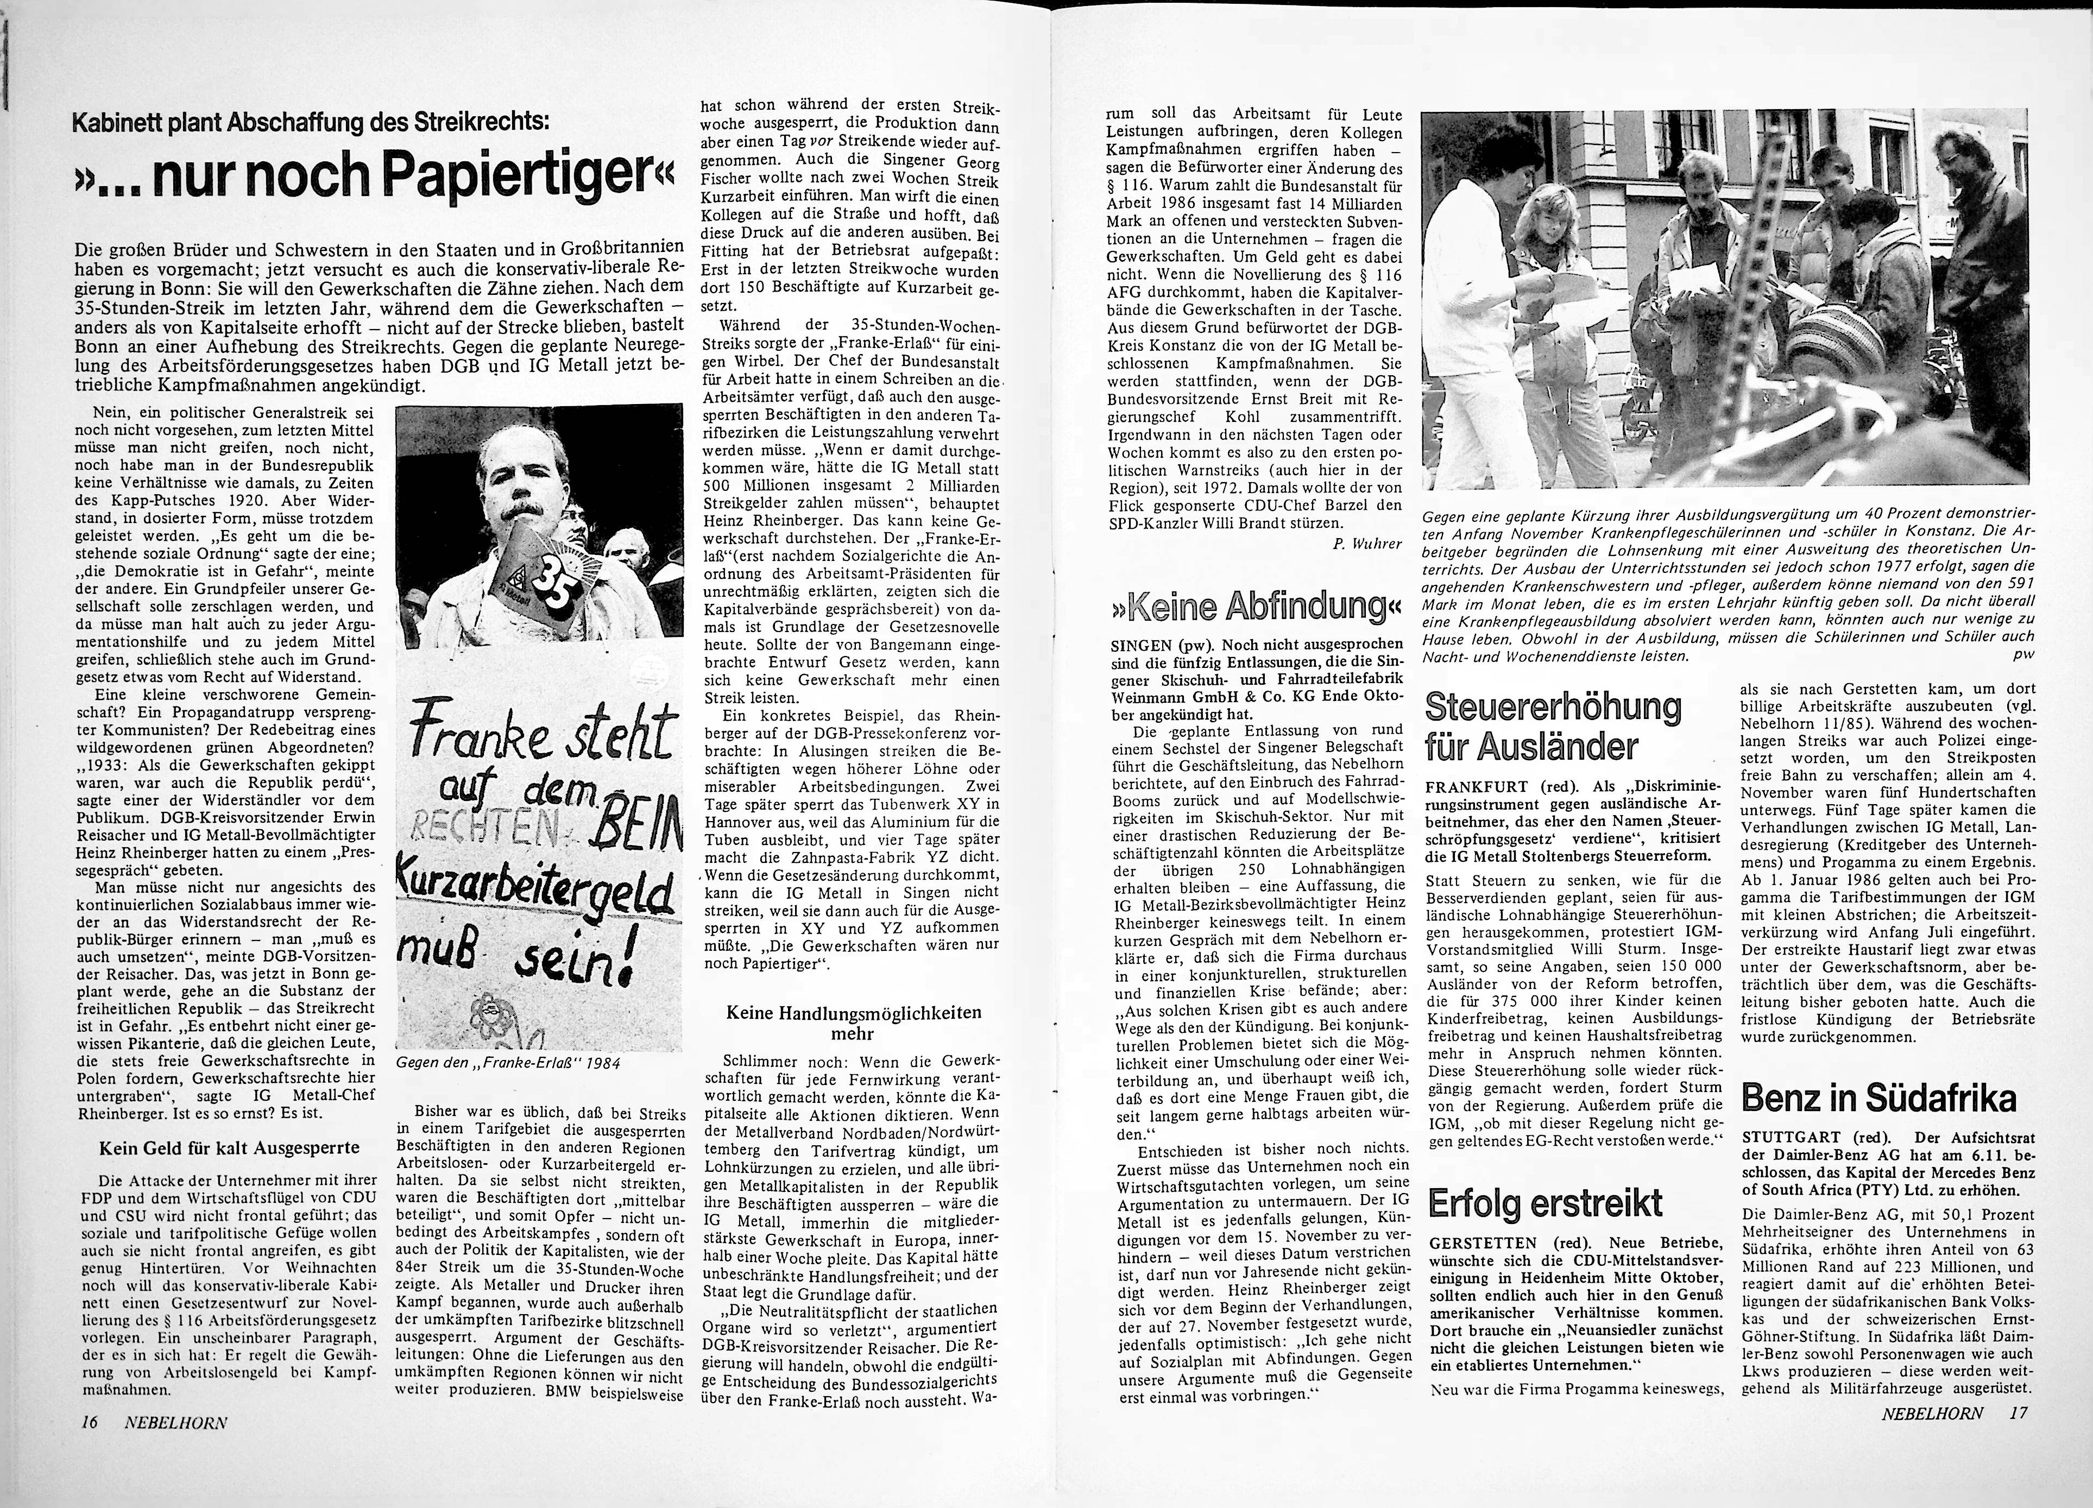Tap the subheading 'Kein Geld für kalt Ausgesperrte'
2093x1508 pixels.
229,1148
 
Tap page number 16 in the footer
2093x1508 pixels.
90,1422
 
